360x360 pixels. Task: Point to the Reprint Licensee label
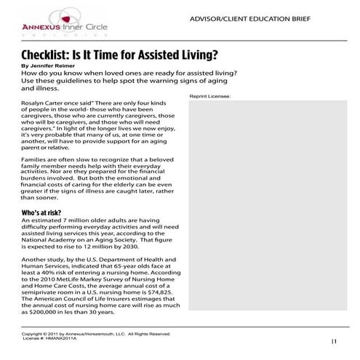pyautogui.click(x=209, y=96)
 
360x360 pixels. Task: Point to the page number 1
pyautogui.click(x=334, y=340)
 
